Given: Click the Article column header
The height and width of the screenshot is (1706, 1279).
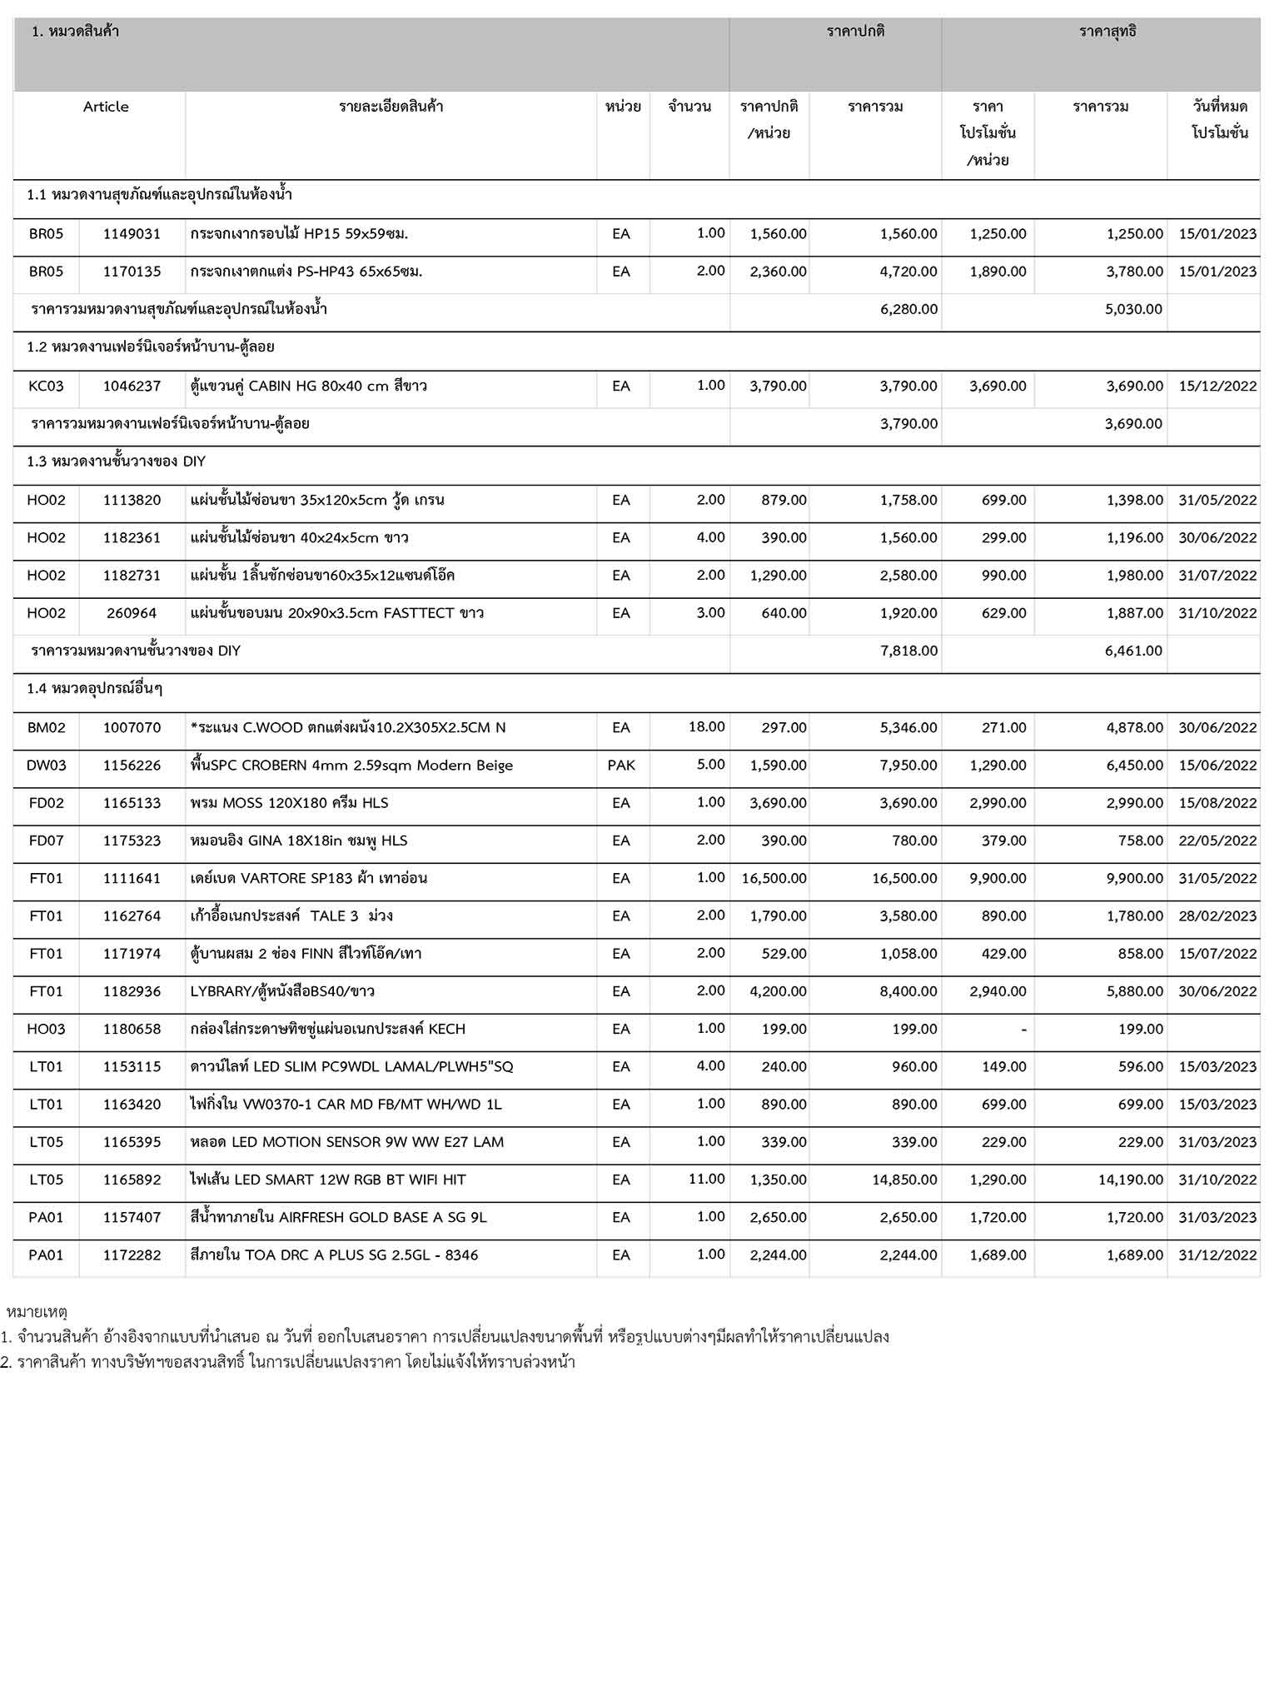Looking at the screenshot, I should pos(106,107).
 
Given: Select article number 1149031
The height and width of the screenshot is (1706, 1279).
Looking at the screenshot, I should pos(132,234).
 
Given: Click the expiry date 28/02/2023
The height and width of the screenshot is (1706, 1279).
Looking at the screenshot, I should pos(1217,915).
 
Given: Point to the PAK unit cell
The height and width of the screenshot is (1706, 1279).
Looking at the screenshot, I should pos(621,765).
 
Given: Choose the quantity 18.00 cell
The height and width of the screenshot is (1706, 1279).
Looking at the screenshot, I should pos(706,726).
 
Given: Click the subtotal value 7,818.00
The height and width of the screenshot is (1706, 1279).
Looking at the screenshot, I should pos(908,651).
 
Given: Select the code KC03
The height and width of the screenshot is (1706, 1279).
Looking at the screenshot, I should pos(46,386).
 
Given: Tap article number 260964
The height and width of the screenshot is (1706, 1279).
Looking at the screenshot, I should pos(132,613).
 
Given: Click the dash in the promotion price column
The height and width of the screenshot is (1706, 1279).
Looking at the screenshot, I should pos(1023,1030).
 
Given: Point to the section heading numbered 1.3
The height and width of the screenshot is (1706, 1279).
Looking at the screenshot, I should pos(117,461).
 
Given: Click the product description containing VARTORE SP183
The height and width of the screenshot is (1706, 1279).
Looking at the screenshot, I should pos(309,878).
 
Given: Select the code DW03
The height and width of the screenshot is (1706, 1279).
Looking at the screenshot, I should pos(46,765).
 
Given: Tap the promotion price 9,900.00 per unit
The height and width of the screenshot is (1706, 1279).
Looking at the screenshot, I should pos(998,878).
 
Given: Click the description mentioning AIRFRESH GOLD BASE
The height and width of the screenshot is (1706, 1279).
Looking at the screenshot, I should pos(338,1217).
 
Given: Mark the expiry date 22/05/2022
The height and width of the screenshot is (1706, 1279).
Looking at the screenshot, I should pos(1217,841).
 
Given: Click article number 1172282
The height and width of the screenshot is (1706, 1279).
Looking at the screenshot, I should pos(132,1255).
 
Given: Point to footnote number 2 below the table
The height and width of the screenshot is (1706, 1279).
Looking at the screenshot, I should pos(288,1363).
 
